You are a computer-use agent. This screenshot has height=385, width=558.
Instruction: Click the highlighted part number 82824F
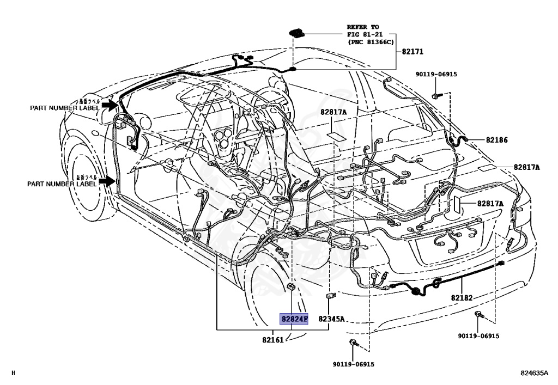coord(294,319)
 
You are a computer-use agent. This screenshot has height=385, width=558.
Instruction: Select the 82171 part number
coord(413,52)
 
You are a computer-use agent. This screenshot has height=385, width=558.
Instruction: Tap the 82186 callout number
coord(497,140)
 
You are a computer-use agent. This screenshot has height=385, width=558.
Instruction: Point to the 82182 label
coord(462,298)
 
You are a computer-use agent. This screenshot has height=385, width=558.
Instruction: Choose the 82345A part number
coord(332,319)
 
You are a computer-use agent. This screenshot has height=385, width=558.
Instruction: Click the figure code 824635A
coord(534,373)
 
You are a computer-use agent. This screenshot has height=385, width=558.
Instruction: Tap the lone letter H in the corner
coord(13,373)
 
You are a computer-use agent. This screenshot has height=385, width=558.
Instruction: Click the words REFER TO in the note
coord(363,26)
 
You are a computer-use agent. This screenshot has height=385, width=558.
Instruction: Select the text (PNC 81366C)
coord(371,41)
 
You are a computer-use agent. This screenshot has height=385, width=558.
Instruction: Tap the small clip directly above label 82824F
coord(292,287)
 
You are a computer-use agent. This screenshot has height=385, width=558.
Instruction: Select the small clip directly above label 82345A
coord(330,296)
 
